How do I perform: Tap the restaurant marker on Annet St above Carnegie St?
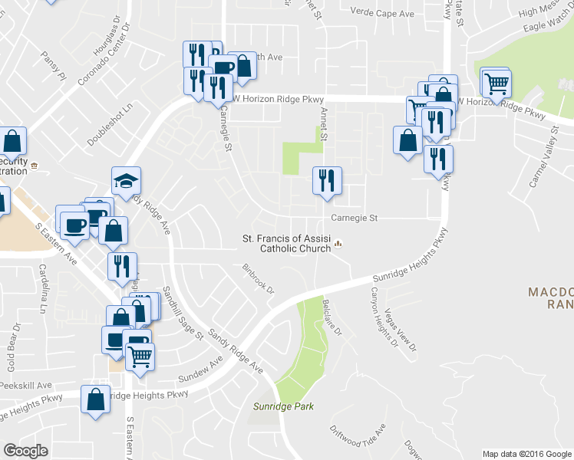click(x=327, y=181)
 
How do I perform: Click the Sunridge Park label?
click(x=284, y=406)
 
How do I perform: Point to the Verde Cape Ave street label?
click(x=382, y=13)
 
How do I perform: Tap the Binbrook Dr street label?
click(x=259, y=278)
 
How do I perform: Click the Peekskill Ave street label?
click(x=26, y=385)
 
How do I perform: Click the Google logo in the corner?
click(x=25, y=451)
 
